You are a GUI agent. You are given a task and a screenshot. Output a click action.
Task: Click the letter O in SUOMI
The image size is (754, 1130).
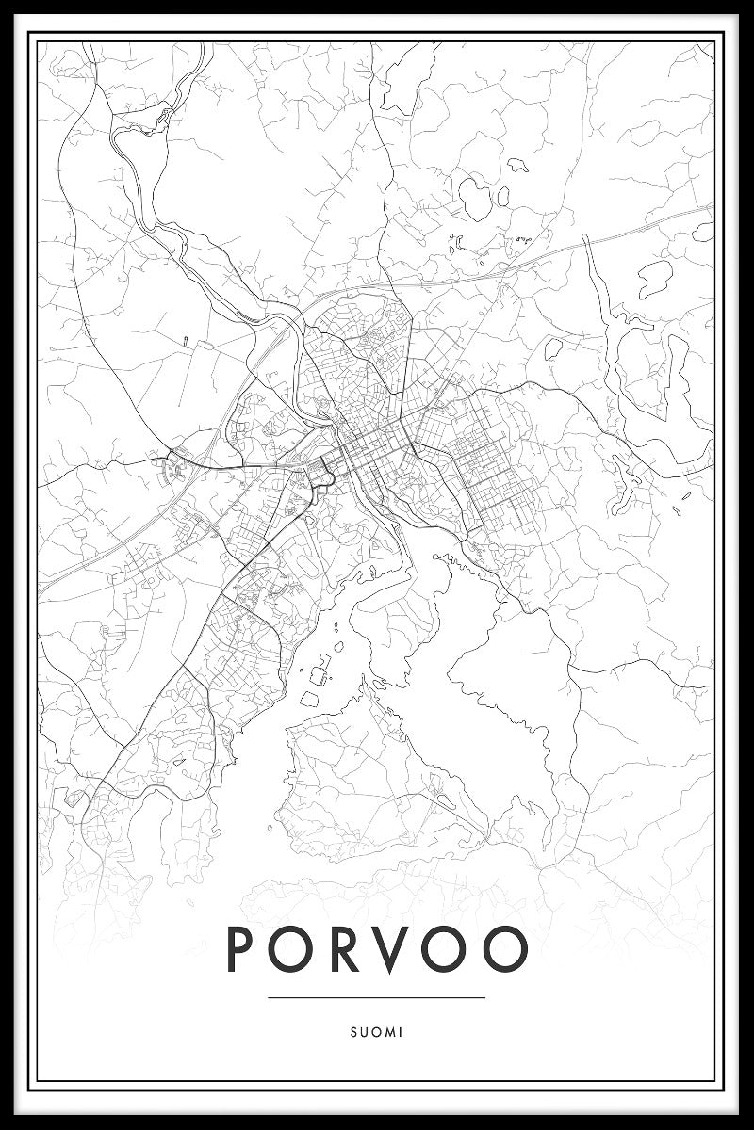tap(375, 1032)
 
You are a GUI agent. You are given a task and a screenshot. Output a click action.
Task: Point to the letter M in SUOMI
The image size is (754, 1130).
tap(388, 1032)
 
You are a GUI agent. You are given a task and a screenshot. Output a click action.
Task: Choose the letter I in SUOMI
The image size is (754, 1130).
tap(400, 1032)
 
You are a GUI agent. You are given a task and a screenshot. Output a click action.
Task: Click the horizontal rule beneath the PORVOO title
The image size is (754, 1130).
tap(376, 997)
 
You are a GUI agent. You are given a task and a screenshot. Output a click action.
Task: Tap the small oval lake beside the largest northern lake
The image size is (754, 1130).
tap(503, 196)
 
